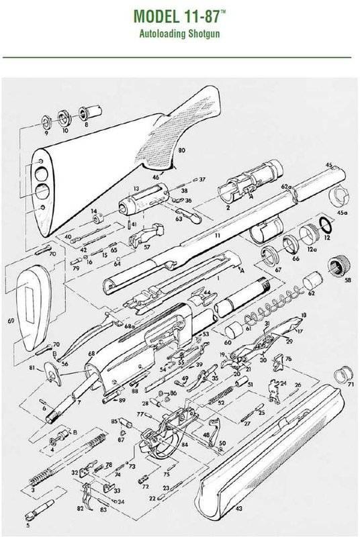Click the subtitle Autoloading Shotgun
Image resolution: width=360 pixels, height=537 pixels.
[179, 32]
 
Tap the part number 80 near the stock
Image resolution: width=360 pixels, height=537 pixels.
[181, 153]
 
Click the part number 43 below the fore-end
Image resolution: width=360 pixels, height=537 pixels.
[238, 509]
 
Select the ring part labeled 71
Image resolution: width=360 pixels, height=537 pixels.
[345, 371]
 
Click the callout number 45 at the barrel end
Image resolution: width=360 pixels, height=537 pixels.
[329, 164]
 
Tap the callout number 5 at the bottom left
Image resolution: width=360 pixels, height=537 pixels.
[28, 526]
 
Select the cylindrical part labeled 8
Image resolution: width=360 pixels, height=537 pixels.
[86, 112]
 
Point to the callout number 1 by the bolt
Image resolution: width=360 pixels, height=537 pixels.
[217, 277]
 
